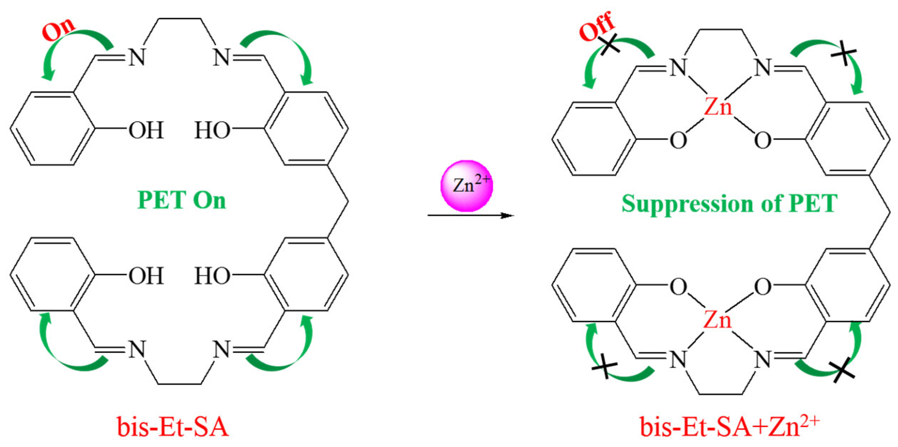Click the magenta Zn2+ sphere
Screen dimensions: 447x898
pos(466,186)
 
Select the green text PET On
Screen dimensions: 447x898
pos(182,200)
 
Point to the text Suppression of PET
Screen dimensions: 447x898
pos(729,204)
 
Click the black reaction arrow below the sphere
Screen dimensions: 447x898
pos(470,215)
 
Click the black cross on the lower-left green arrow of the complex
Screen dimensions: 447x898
pos(604,367)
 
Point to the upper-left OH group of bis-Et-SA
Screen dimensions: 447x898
pos(146,130)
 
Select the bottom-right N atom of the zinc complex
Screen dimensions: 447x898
pos(763,360)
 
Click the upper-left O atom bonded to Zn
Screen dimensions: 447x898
pos(678,140)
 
